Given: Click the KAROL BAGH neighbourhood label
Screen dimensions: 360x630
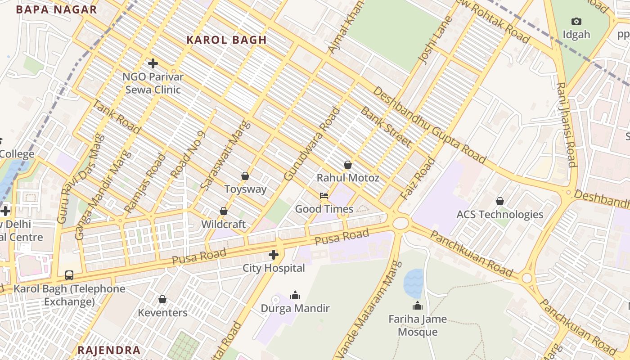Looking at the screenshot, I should click(226, 40).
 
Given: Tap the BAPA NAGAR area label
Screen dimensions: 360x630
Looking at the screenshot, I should click(56, 9).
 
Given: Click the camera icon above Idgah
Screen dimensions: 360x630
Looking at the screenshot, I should click(576, 21).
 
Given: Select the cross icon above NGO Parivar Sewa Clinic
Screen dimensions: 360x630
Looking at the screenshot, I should click(153, 63).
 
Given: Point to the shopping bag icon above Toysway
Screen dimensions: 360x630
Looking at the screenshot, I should click(245, 176).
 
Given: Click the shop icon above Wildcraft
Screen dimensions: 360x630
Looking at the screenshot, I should click(224, 211).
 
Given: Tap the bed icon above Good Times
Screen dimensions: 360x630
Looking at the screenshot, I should click(324, 196).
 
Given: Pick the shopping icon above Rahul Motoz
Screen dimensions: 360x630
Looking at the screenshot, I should click(348, 165).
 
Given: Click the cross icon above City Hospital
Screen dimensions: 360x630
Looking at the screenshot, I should click(274, 255).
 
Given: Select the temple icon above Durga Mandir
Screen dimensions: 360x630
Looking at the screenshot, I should click(295, 295).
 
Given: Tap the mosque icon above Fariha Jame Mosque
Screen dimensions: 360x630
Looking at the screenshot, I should click(418, 306).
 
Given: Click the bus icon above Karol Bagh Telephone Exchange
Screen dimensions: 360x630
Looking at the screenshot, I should click(69, 275).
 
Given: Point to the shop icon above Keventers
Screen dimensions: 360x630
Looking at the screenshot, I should click(162, 299).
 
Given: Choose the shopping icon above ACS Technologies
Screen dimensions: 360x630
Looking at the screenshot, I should click(499, 201).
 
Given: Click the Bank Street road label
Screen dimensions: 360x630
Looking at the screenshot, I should click(386, 127).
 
